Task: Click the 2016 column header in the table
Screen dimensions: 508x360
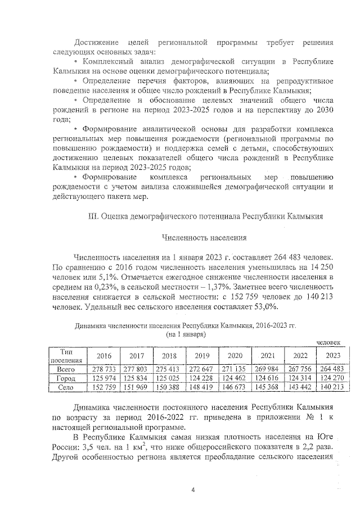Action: [104, 356]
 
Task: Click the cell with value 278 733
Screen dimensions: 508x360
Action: [104, 369]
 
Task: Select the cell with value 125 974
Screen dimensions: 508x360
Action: [104, 378]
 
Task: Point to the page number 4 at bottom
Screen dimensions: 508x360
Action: [193, 490]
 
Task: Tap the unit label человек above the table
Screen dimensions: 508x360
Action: [328, 342]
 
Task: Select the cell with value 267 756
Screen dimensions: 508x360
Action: [299, 369]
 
